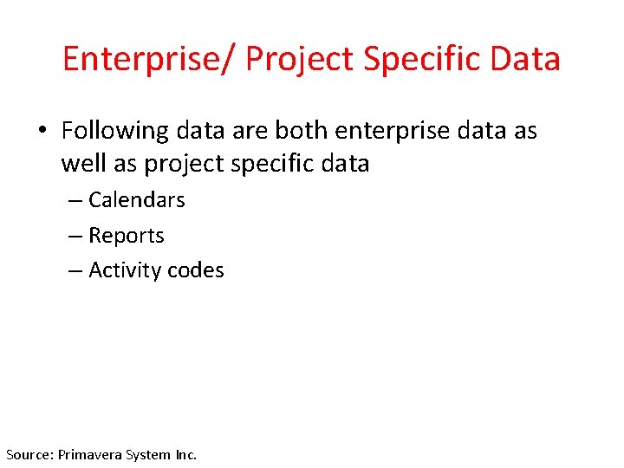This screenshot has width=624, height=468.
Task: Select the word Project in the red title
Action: click(x=300, y=59)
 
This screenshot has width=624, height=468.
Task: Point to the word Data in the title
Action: click(x=525, y=59)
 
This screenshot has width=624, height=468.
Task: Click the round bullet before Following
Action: click(x=42, y=132)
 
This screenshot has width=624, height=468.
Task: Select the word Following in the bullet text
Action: click(x=115, y=131)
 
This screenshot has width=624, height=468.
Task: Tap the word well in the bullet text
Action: click(x=81, y=164)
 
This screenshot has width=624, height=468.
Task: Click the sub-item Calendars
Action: click(x=137, y=200)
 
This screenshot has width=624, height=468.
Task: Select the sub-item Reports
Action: click(x=127, y=236)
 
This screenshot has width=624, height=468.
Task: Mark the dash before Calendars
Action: click(x=75, y=201)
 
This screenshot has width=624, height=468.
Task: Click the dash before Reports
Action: click(x=75, y=237)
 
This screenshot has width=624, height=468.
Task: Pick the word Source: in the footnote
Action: click(x=29, y=454)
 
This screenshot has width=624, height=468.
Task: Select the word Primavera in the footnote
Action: click(x=91, y=454)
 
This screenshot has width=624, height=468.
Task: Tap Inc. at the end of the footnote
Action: click(x=186, y=454)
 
